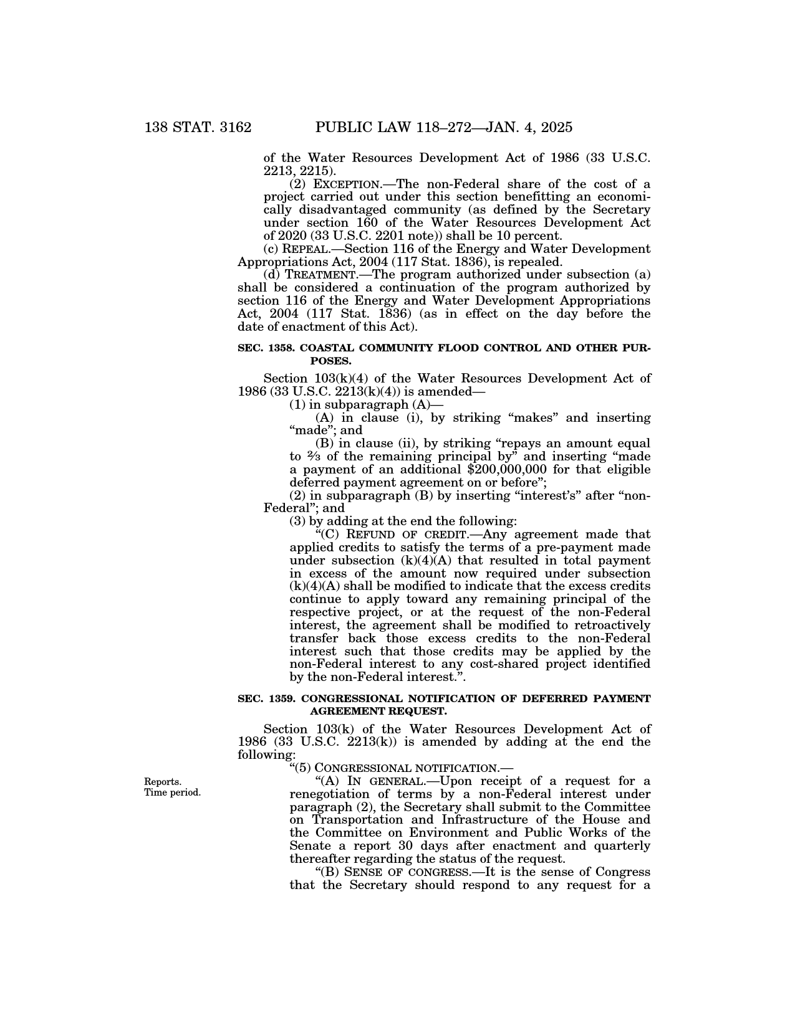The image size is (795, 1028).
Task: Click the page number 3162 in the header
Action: click(231, 128)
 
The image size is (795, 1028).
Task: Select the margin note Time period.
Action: click(173, 792)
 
